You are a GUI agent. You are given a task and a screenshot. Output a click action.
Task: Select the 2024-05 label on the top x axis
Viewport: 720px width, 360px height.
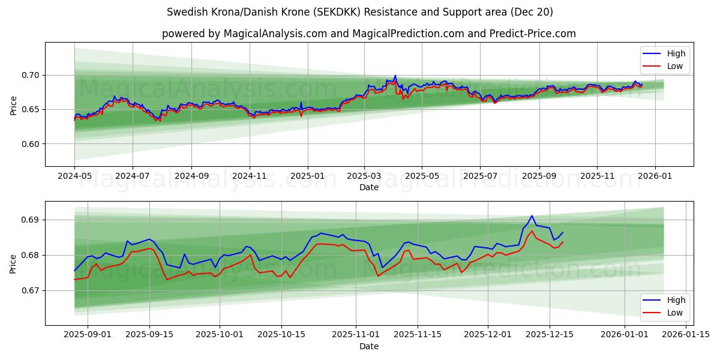pyautogui.click(x=74, y=177)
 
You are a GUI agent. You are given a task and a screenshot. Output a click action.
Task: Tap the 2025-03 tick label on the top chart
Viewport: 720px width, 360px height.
pyautogui.click(x=364, y=177)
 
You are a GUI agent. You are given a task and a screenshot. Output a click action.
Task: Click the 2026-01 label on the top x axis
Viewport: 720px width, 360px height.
pyautogui.click(x=655, y=177)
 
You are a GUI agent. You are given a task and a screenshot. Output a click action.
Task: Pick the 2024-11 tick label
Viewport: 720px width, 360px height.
pyautogui.click(x=250, y=177)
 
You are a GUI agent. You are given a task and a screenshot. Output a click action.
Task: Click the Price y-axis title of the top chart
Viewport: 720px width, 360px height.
pyautogui.click(x=13, y=105)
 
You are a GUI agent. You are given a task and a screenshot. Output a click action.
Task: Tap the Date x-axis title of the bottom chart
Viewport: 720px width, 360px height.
pyautogui.click(x=368, y=346)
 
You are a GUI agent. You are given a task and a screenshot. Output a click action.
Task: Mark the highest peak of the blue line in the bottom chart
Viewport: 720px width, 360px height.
pyautogui.click(x=532, y=216)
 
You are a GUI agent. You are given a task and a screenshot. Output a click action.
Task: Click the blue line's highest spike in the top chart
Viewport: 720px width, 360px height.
pyautogui.click(x=395, y=76)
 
